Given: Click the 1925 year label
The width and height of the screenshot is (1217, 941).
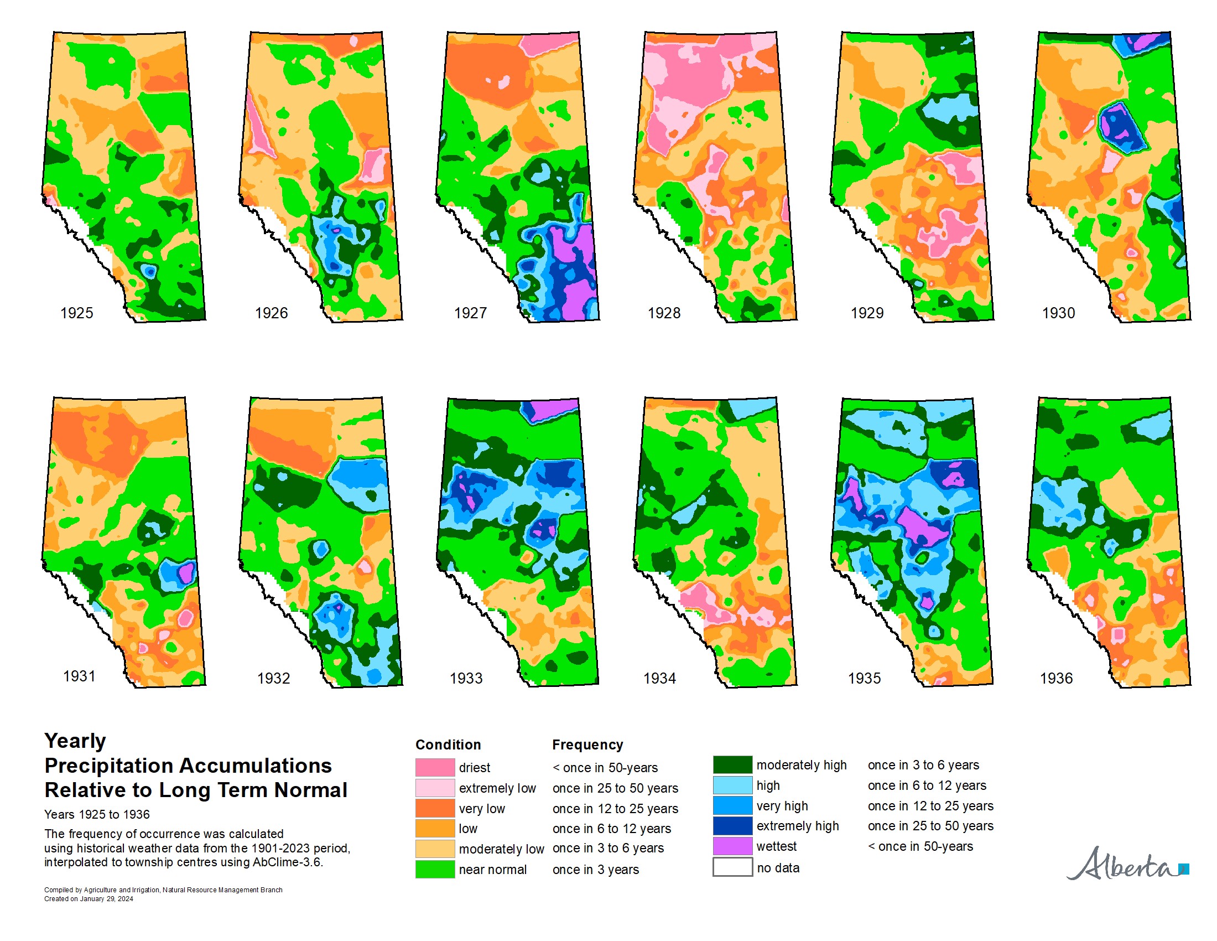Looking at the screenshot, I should click(x=76, y=313).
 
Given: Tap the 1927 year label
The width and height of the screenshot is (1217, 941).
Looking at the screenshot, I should click(x=470, y=313).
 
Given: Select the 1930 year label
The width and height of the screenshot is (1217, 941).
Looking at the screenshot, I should click(x=1058, y=313).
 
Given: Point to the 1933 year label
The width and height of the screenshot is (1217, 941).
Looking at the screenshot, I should click(x=466, y=678).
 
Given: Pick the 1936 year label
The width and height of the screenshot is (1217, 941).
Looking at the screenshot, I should click(x=1056, y=678).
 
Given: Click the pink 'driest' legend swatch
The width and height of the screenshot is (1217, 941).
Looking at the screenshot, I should click(x=435, y=768).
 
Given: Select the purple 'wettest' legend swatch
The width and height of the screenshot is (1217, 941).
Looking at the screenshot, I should click(x=732, y=846).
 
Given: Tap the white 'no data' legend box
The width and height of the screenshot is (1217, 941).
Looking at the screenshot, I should click(x=732, y=867).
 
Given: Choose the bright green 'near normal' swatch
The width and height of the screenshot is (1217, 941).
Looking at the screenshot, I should click(x=435, y=869).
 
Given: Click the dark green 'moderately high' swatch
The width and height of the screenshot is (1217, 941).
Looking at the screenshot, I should click(x=732, y=765).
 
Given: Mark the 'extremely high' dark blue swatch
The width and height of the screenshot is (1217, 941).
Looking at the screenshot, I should click(x=732, y=826).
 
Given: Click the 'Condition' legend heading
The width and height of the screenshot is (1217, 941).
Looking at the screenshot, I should click(x=448, y=744).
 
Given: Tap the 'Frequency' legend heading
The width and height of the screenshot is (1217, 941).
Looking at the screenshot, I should click(x=587, y=744).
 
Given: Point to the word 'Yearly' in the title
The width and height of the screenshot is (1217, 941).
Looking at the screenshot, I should click(x=75, y=741).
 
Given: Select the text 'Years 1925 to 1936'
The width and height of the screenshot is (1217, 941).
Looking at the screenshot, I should click(x=97, y=814).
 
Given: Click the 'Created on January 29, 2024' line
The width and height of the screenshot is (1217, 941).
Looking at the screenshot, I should click(x=89, y=898).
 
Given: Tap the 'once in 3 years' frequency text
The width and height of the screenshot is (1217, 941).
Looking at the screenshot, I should click(x=595, y=870).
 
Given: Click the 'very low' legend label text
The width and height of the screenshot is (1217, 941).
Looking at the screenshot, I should click(x=481, y=808).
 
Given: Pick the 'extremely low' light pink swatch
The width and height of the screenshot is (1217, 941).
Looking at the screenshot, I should click(x=435, y=788).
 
